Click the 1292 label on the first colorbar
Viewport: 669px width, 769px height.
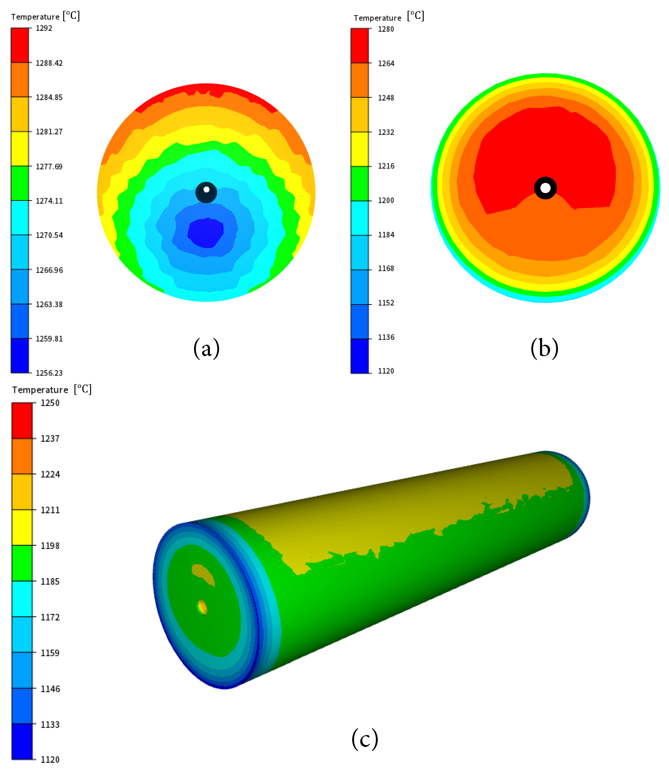click(44, 28)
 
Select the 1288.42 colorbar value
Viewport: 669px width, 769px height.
click(49, 63)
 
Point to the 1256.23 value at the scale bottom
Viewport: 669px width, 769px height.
click(49, 373)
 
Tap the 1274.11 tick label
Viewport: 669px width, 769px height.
click(49, 201)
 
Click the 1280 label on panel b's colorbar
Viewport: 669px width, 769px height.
click(386, 29)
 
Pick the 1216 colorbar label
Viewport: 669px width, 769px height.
click(386, 166)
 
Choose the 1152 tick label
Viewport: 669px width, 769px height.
click(386, 303)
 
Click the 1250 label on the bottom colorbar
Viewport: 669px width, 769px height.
click(50, 403)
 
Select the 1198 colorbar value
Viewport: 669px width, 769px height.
click(50, 546)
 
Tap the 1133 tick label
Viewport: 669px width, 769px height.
click(50, 725)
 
